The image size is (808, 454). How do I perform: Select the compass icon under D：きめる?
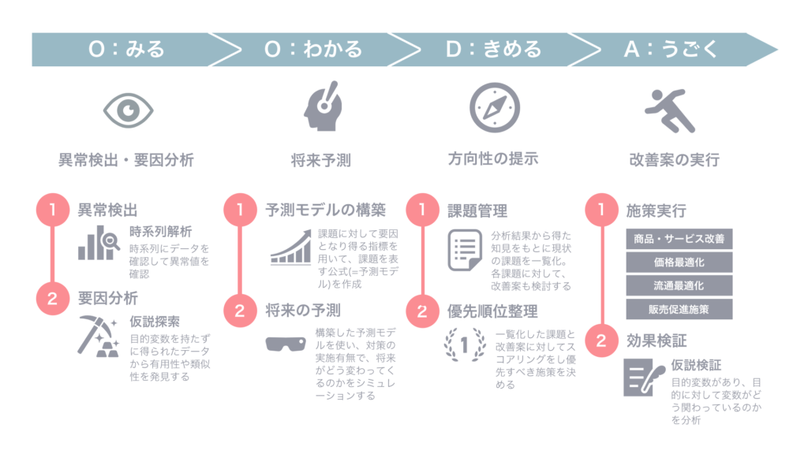click(x=494, y=107)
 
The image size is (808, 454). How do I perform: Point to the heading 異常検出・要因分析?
click(x=126, y=160)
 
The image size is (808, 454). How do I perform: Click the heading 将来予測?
click(x=320, y=160)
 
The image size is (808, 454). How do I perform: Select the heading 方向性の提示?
click(x=493, y=158)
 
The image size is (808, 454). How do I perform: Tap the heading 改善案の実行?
click(x=674, y=160)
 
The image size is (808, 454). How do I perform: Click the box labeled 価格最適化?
click(x=679, y=262)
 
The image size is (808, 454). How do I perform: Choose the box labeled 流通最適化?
click(x=679, y=285)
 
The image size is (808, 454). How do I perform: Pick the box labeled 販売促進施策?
click(x=679, y=309)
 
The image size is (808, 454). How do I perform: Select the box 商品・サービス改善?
click(x=679, y=238)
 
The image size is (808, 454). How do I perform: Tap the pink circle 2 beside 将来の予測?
click(x=240, y=310)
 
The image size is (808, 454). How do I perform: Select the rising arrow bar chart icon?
click(x=290, y=247)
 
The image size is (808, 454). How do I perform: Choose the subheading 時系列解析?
click(x=160, y=232)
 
